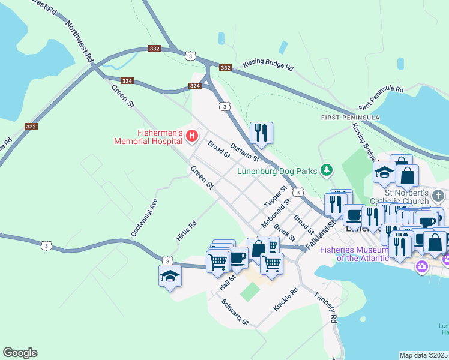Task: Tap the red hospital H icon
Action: point(192,136)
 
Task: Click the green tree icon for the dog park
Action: point(326,170)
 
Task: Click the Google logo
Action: point(20,353)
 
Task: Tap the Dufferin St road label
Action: point(244,153)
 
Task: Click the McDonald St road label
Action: point(276,213)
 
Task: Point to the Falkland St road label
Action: point(320,234)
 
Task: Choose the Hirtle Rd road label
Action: point(187,231)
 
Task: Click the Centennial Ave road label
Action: point(144,217)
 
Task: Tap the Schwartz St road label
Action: point(235,313)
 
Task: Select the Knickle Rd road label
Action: point(286,301)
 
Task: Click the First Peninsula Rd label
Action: point(381,96)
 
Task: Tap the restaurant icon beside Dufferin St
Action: point(261,133)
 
